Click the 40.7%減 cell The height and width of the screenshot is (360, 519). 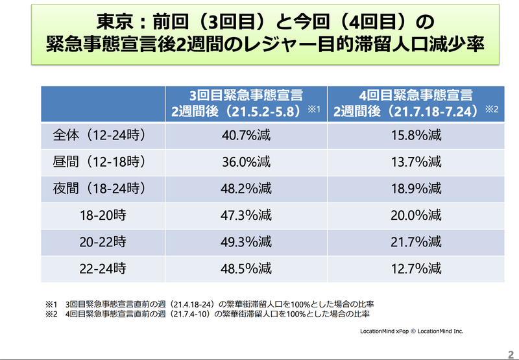tap(246, 136)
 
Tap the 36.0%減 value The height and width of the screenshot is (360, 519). tap(246, 162)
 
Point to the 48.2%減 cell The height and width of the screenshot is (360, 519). tap(246, 189)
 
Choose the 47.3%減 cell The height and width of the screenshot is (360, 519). tap(246, 215)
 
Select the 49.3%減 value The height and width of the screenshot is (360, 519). tap(246, 242)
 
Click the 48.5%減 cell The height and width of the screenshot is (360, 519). tap(246, 268)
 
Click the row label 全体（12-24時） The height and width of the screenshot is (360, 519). tap(98, 136)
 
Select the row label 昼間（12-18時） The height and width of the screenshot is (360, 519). tap(98, 162)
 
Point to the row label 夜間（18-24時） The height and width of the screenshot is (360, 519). tap(98, 189)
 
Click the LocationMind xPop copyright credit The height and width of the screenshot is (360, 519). tap(412, 331)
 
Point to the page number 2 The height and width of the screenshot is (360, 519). tap(510, 351)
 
